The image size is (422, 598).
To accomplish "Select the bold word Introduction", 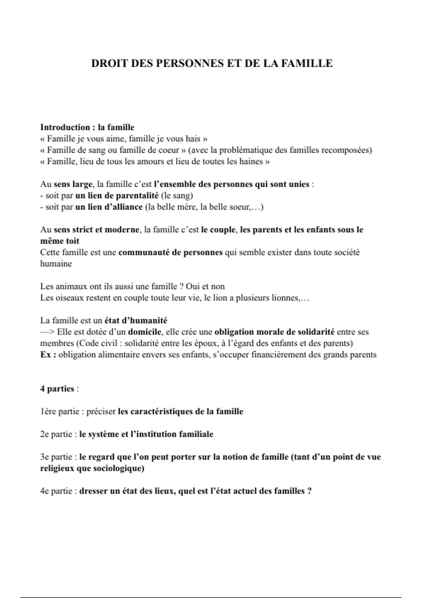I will coord(65,127).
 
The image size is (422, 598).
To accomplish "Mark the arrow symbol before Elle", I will coord(47,332).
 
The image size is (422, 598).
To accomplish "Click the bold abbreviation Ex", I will coord(46,355).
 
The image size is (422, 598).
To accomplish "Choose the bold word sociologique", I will coord(114,469).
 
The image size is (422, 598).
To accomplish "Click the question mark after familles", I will coord(309,491).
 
